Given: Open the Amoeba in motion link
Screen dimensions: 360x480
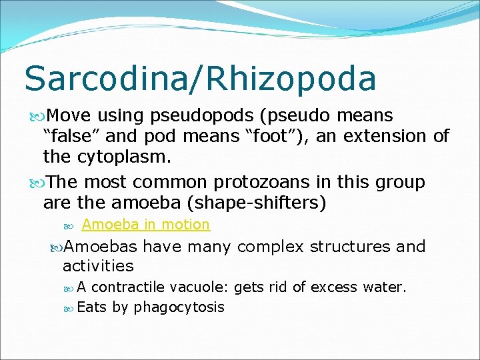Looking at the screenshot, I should coord(145,225).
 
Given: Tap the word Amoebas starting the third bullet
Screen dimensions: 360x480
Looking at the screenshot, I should coord(100,247).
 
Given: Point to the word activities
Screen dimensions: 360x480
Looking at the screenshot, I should coord(98,266).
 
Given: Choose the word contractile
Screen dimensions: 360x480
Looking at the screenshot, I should coord(128,288).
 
